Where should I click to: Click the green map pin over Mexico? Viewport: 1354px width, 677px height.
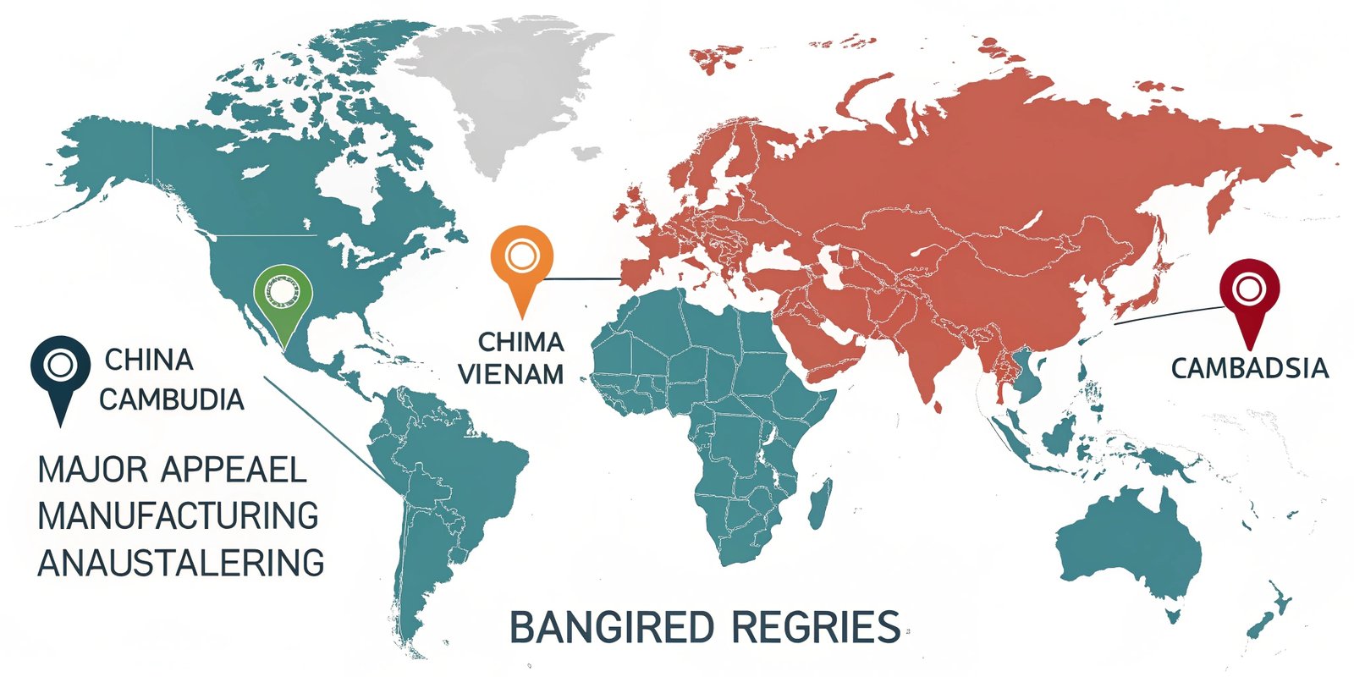tap(283, 296)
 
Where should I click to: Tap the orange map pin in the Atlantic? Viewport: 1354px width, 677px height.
tap(521, 258)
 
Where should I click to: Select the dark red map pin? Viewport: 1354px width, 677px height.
tap(1248, 292)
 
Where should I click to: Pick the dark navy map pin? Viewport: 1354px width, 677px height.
tap(60, 368)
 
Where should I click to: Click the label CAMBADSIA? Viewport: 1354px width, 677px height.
tap(1250, 369)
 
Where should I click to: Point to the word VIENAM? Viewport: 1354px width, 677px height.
tap(511, 374)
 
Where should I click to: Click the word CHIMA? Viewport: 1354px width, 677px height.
tap(520, 342)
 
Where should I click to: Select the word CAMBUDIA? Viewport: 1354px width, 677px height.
tap(172, 399)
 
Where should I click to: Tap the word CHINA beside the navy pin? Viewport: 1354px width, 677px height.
tap(149, 360)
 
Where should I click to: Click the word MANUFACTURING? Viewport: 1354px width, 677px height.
tap(179, 515)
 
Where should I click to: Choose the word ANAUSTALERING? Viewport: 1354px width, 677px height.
tap(181, 563)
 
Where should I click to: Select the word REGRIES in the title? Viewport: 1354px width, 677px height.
tap(816, 628)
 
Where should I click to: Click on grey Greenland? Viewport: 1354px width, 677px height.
tap(499, 85)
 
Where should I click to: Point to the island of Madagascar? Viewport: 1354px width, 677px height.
tap(818, 511)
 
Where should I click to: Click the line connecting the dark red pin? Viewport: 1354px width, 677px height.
tap(1168, 315)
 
